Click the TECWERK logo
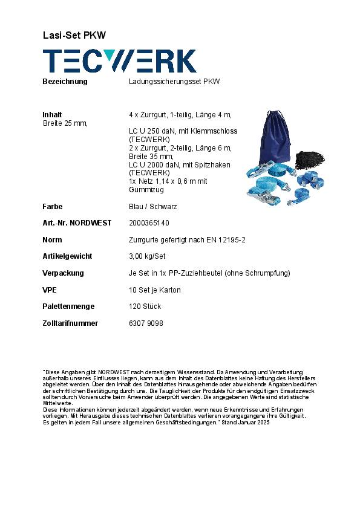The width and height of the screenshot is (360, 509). coord(119,61)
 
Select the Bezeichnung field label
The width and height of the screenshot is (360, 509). coord(65,82)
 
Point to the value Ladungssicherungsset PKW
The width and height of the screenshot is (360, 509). coord(174,82)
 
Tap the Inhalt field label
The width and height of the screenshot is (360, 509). coord(52,115)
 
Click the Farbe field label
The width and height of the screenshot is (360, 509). coord(52,207)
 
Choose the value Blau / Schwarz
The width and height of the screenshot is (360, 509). coord(152,207)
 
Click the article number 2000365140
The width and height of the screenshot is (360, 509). coord(149,223)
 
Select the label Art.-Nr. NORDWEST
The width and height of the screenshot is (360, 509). coord(77,223)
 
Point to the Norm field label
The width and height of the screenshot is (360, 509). coord(52,240)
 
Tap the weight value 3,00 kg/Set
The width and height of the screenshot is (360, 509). coord(147,256)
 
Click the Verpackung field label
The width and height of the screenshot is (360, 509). coord(63,273)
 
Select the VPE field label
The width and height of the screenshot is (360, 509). coord(50,290)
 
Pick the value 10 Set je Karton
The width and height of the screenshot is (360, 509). coord(154,290)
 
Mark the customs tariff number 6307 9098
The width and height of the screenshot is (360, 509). coord(146,323)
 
